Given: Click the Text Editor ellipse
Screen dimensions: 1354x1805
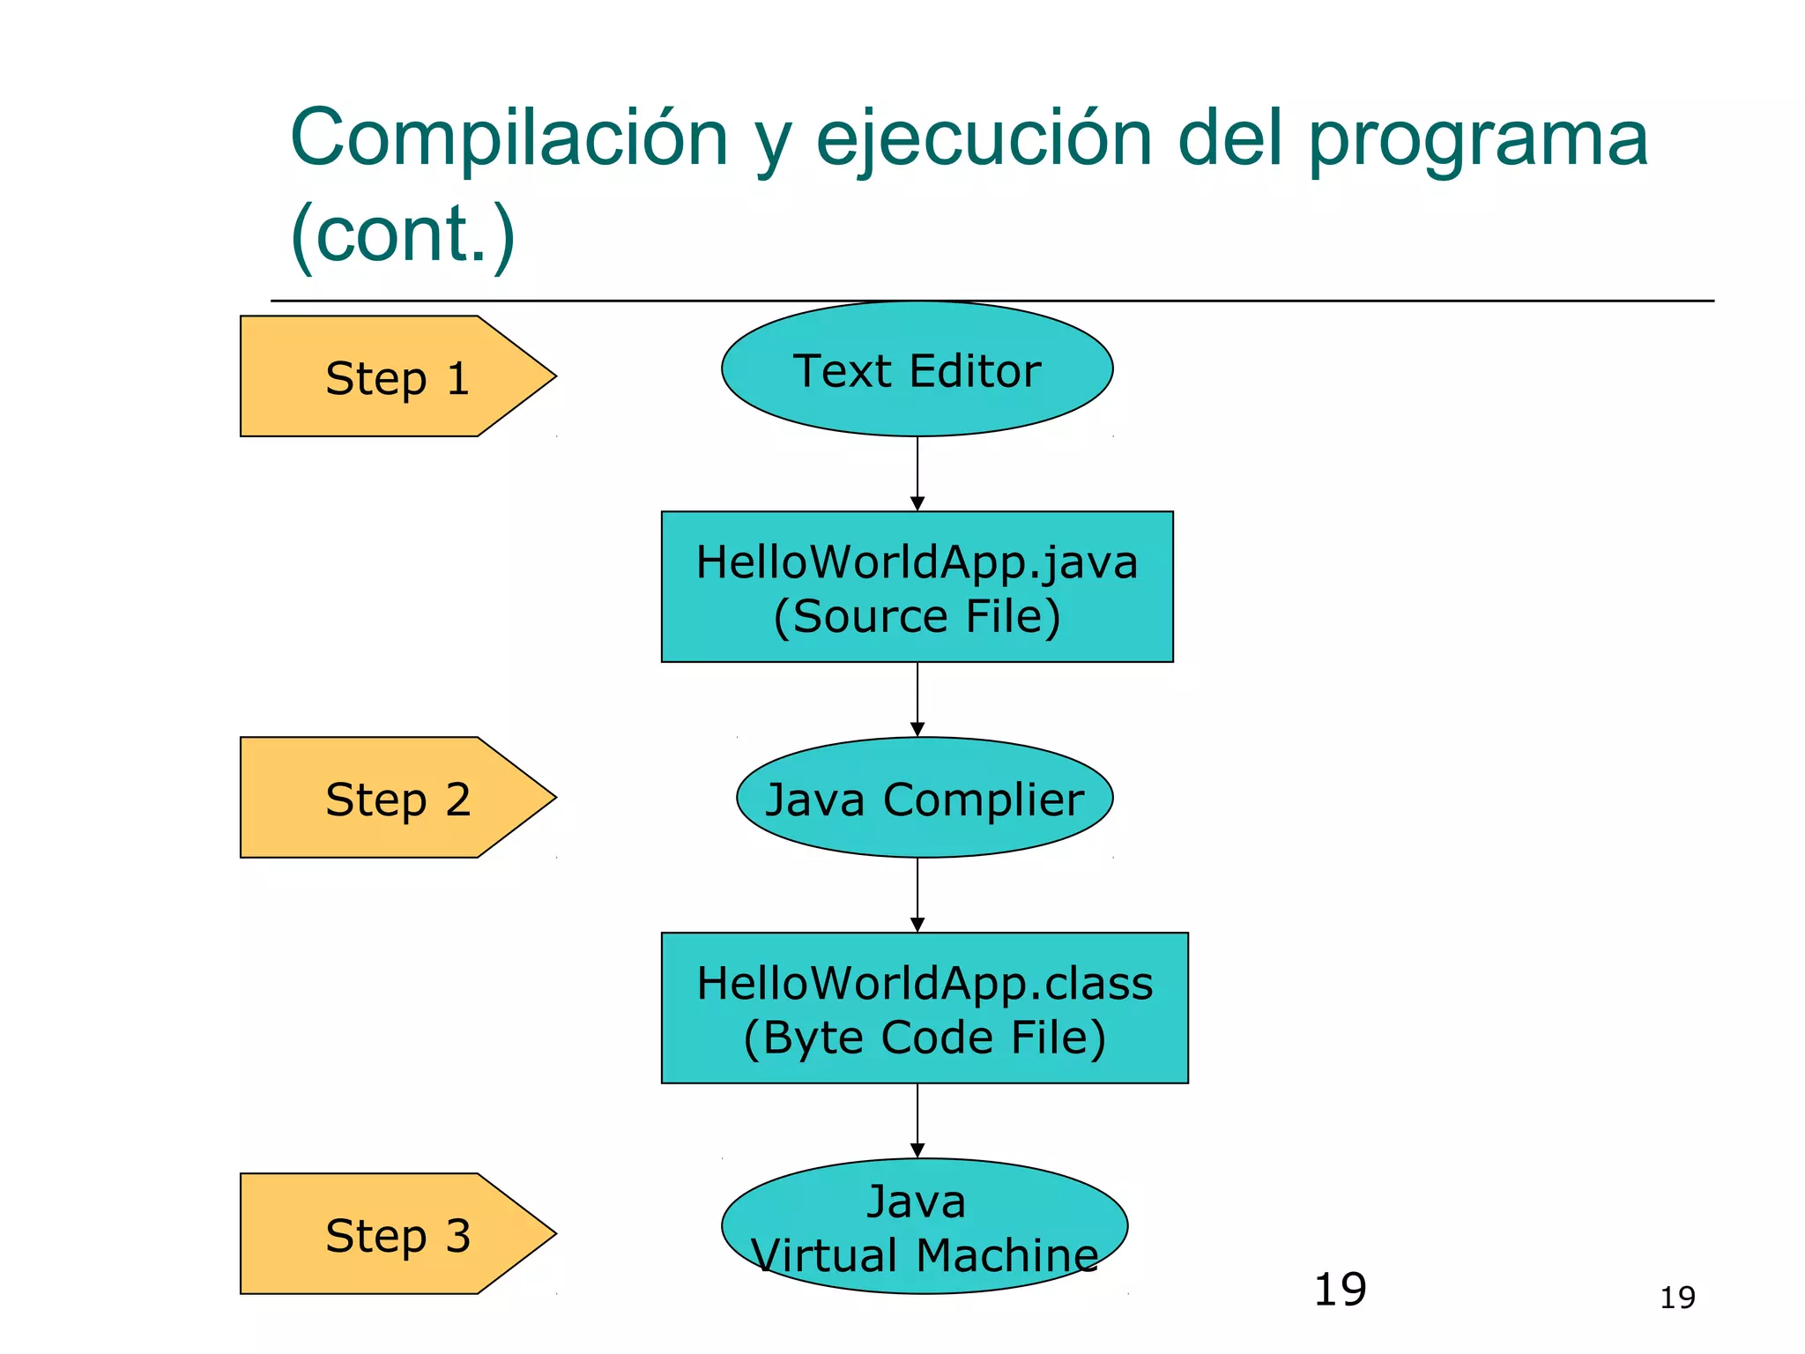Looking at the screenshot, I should point(917,369).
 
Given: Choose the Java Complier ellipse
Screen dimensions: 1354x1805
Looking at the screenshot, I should point(925,798).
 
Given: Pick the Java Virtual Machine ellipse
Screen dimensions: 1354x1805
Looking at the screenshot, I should point(925,1226).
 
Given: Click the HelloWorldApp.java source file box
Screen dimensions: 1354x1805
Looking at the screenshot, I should point(917,586).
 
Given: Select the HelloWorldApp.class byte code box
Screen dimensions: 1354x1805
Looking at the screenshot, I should point(925,1008).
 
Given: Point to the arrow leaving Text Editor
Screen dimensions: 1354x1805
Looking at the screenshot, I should point(917,473).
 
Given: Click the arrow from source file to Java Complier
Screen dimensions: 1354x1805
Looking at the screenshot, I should point(917,699).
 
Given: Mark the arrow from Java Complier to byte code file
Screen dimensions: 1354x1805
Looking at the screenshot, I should point(917,895).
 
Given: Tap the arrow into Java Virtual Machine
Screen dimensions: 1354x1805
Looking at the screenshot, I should point(917,1120).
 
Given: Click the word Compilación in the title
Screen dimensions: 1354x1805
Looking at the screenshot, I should point(509,138).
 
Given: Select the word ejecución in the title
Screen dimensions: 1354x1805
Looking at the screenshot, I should point(984,140).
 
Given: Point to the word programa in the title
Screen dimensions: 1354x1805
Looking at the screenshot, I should point(1477,140).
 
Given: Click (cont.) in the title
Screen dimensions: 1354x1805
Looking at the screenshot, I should point(403,234).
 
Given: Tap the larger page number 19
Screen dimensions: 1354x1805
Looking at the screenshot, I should point(1340,1290).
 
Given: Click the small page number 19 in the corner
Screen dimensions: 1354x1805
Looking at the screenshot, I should point(1677,1298).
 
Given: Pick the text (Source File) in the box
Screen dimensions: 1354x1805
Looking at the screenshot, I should point(917,616).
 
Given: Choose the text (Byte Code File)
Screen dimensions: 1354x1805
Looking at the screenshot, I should point(925,1038).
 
